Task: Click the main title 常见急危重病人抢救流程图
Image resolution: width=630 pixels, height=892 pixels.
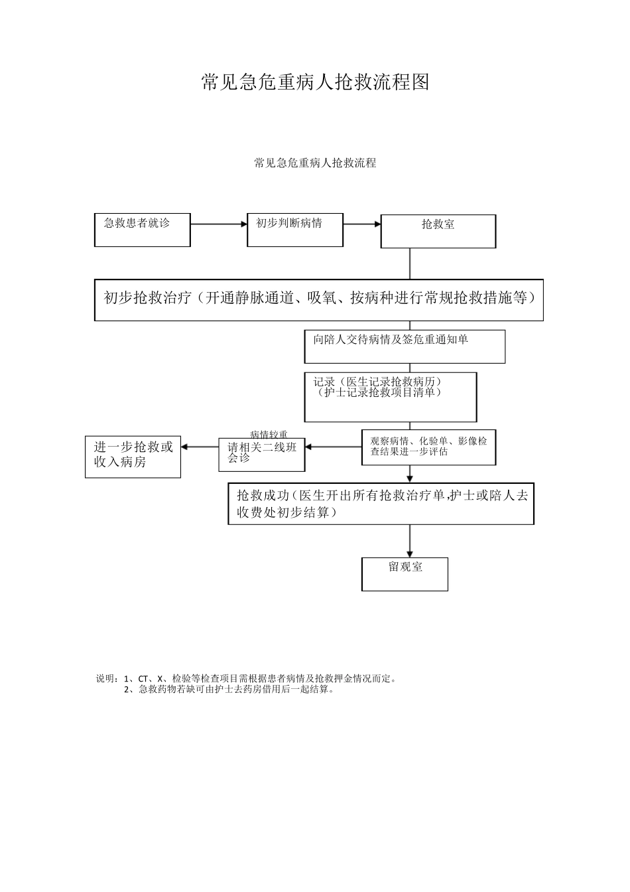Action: [x=315, y=82]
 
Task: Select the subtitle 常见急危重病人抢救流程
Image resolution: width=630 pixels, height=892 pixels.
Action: [x=315, y=163]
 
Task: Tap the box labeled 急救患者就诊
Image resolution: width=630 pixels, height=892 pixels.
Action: [x=143, y=230]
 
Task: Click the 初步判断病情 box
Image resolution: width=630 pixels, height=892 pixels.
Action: [x=295, y=230]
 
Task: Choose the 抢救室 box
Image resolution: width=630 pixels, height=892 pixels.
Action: [x=438, y=231]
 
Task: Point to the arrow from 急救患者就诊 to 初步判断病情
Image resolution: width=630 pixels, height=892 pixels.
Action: [x=219, y=224]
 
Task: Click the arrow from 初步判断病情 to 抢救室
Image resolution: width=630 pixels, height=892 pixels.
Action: [x=362, y=224]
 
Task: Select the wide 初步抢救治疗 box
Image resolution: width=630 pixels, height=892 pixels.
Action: [x=319, y=300]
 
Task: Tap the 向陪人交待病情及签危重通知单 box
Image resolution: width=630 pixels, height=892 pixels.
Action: [x=405, y=346]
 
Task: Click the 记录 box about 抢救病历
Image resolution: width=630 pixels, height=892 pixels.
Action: [x=391, y=397]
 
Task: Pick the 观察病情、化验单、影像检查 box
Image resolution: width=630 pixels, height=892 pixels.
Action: [x=428, y=447]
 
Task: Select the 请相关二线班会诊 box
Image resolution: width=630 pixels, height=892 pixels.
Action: [x=262, y=454]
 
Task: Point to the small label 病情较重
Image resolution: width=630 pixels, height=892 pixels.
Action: [x=269, y=434]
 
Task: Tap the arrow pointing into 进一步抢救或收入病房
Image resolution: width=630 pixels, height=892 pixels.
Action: [x=200, y=447]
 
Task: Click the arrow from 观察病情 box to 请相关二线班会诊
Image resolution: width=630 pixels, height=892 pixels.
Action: [x=333, y=447]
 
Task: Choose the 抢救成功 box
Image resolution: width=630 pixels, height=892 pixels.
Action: [x=381, y=504]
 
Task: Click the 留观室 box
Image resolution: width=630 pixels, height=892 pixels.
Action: [x=405, y=573]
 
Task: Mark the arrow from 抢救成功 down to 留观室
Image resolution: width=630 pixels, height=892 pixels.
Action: [x=410, y=541]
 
